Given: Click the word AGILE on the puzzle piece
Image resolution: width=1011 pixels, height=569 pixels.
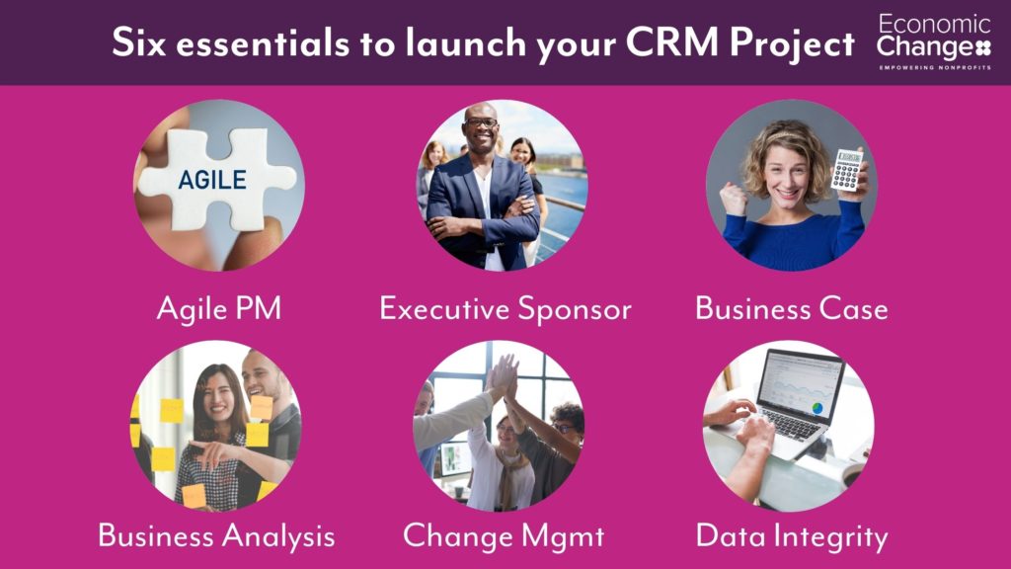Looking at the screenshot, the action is point(212,180).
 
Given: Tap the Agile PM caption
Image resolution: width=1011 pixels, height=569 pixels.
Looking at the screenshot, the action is point(219,308).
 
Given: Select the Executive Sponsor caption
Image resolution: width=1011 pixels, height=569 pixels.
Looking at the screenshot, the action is point(505,308).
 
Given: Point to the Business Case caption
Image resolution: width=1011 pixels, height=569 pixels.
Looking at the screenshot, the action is point(792,308).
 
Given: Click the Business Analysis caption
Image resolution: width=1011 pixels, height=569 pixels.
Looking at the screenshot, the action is point(216,536).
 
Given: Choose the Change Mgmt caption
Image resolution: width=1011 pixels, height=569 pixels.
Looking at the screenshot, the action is point(504,536).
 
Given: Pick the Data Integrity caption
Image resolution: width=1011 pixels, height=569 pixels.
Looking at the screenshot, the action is point(792,536).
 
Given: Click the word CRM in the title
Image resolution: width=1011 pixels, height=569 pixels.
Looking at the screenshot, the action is point(671,42).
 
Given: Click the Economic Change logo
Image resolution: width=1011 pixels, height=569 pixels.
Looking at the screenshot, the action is point(934,41).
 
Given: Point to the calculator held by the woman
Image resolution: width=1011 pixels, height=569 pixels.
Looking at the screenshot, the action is point(846,170).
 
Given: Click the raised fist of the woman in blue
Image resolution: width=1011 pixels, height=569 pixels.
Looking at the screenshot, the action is point(734,198).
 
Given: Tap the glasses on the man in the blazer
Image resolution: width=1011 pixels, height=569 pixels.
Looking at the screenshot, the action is point(481,122).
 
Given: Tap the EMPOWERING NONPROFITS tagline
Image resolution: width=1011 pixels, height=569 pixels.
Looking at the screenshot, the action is point(935,67).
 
